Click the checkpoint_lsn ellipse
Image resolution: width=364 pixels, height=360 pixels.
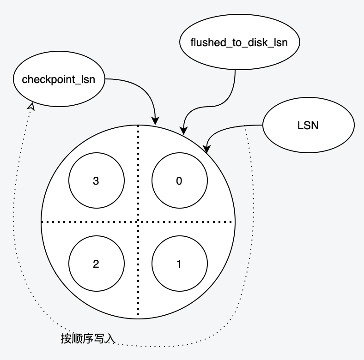59,79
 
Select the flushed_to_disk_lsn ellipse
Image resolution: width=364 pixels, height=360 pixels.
239,43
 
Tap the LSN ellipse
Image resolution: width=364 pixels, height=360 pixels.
308,125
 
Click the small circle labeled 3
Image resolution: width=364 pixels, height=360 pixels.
96,181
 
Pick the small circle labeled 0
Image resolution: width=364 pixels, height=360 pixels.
179,181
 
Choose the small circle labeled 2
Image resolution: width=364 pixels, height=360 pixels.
96,264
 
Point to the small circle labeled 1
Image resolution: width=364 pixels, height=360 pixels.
179,264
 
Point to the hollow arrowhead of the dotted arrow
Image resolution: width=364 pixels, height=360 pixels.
31,107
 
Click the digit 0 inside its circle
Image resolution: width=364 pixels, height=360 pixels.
179,181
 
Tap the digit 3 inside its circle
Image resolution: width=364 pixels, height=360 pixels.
96,181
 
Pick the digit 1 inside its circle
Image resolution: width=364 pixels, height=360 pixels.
179,264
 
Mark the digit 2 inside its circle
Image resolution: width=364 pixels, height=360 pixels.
96,264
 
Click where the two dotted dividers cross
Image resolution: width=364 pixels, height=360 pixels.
138,222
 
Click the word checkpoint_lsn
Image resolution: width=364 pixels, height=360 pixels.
59,79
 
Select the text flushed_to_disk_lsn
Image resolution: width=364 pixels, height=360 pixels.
239,43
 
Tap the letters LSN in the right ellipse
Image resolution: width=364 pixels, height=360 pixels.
308,125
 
